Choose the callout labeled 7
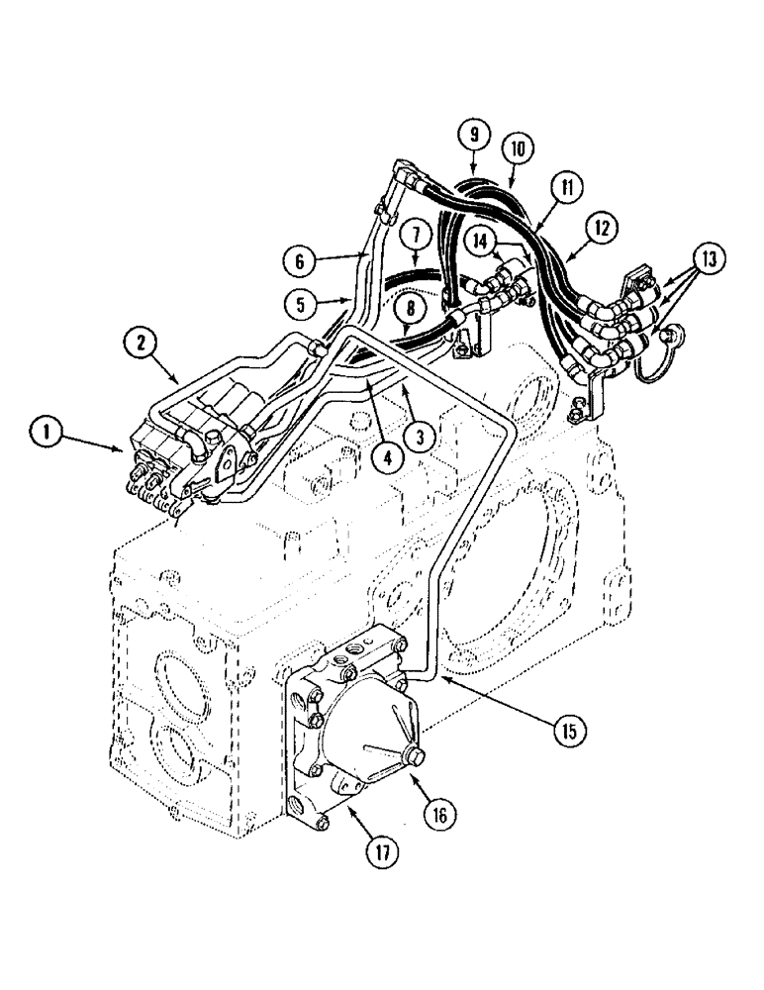[x=416, y=235]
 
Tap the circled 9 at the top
[x=474, y=134]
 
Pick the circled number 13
[x=709, y=260]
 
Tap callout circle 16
[x=439, y=815]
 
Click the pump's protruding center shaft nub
[x=414, y=757]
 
